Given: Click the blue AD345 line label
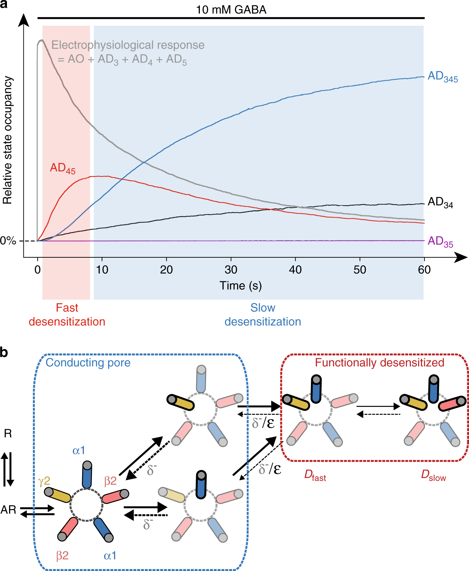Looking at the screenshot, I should pyautogui.click(x=442, y=77).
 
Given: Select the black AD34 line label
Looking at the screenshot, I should pyautogui.click(x=440, y=202).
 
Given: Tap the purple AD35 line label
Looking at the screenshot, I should pyautogui.click(x=440, y=241).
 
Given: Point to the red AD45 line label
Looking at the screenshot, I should pyautogui.click(x=63, y=168).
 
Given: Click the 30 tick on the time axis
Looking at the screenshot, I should pyautogui.click(x=231, y=270).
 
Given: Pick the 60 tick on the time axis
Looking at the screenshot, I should pyautogui.click(x=424, y=270).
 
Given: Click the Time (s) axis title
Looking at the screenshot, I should pyautogui.click(x=241, y=285).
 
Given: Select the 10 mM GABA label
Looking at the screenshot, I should pyautogui.click(x=231, y=9).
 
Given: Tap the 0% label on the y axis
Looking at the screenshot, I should pyautogui.click(x=8, y=241).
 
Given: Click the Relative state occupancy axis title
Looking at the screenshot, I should pyautogui.click(x=8, y=140).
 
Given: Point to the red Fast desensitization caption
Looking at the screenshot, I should pyautogui.click(x=67, y=315).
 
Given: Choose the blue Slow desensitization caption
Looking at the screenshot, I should pyautogui.click(x=263, y=315).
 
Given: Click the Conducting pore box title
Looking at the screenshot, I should pyautogui.click(x=88, y=363).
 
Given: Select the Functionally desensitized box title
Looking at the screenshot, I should pyautogui.click(x=380, y=363).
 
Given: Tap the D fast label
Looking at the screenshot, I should pyautogui.click(x=315, y=475).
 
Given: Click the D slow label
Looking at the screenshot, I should pyautogui.click(x=433, y=475).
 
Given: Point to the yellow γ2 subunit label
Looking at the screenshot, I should pyautogui.click(x=44, y=481).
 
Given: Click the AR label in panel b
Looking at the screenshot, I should pyautogui.click(x=8, y=510).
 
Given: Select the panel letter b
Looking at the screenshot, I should pyautogui.click(x=4, y=352).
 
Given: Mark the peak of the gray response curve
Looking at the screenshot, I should pyautogui.click(x=41, y=40).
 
